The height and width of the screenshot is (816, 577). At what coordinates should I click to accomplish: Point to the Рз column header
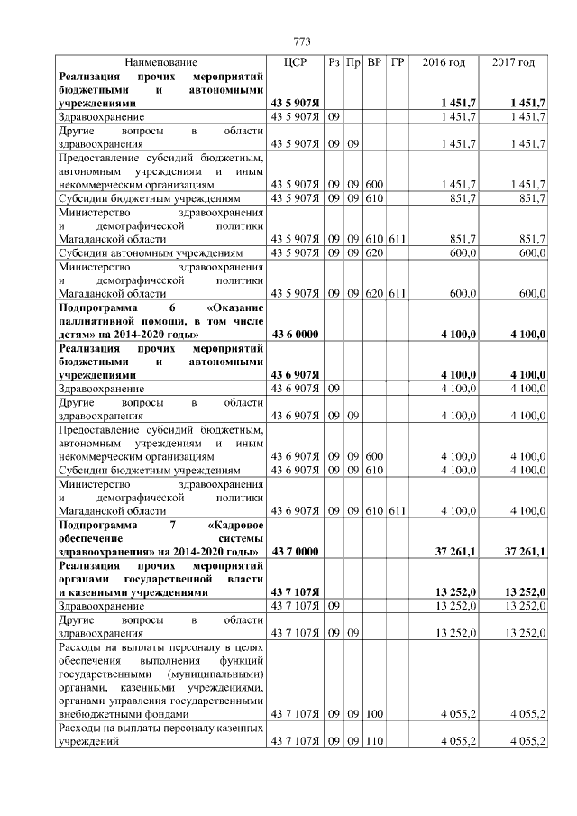pyautogui.click(x=334, y=62)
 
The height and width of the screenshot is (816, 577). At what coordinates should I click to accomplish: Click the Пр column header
pyautogui.click(x=354, y=62)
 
